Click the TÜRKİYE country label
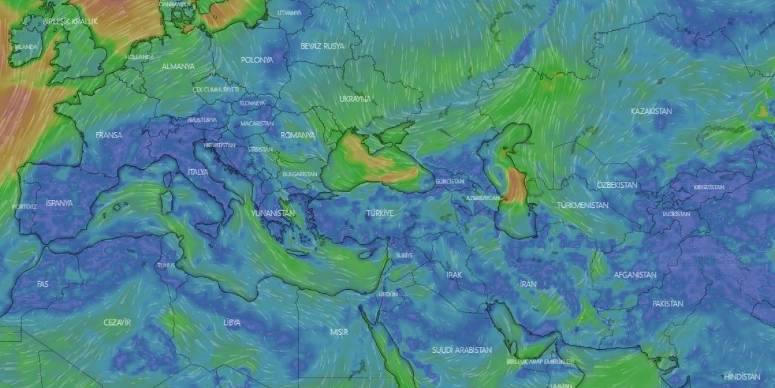[380, 213]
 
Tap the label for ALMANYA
[178, 67]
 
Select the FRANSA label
[109, 135]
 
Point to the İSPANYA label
[59, 203]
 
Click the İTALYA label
[198, 172]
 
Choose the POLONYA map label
[257, 60]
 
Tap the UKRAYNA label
[355, 99]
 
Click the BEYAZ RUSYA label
[322, 46]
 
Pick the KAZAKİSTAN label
[651, 112]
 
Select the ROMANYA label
[298, 135]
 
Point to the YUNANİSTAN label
[274, 213]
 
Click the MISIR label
[338, 332]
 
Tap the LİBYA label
[232, 323]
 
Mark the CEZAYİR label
[117, 323]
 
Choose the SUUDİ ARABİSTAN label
[461, 350]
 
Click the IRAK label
[454, 275]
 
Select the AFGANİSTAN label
[635, 275]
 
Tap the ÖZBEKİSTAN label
[616, 185]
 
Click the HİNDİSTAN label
[742, 376]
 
